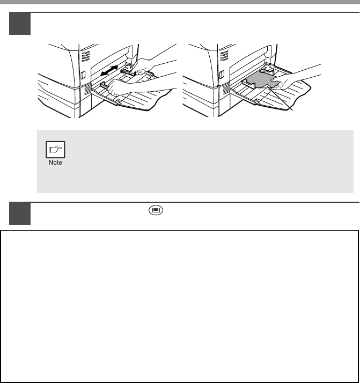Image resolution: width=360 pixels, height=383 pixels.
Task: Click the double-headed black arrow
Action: point(109,70)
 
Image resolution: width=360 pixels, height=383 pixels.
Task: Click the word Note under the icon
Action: point(55,163)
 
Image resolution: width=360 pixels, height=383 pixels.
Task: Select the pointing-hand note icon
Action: point(55,150)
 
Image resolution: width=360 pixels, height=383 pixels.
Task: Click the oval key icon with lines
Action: point(156,210)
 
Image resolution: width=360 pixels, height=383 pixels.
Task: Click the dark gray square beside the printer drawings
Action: point(20,24)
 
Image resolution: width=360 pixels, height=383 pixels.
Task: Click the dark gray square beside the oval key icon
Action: point(20,213)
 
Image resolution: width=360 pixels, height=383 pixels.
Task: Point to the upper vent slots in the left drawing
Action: point(85,56)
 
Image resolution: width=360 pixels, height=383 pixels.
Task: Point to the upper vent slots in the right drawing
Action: point(224,56)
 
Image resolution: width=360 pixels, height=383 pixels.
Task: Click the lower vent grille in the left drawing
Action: point(87,89)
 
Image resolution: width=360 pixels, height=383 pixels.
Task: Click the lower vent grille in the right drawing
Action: point(225,89)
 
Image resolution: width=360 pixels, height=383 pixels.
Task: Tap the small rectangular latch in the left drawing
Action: point(83,75)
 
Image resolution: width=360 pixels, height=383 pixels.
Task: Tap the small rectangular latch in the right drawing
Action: point(222,74)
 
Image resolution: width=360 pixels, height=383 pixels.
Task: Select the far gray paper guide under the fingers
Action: point(128,71)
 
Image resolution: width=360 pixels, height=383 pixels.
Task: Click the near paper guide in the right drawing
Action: point(248,84)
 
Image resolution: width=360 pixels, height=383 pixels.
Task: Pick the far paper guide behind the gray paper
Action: point(267,70)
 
